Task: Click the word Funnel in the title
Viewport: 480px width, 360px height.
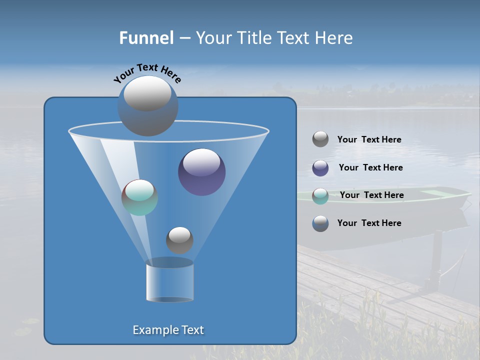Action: (146, 37)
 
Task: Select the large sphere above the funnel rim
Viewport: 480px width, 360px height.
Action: (147, 105)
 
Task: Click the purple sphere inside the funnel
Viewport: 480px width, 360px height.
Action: (202, 172)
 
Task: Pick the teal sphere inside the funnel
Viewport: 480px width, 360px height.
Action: (140, 197)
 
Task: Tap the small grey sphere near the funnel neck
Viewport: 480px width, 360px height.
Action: (179, 240)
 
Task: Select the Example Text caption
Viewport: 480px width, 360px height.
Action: (168, 330)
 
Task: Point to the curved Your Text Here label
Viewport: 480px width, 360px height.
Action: (147, 72)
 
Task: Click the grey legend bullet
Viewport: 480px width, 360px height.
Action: (320, 139)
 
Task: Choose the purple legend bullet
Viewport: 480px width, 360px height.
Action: (320, 168)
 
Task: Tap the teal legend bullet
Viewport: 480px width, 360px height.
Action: (320, 196)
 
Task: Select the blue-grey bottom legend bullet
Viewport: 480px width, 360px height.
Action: (320, 223)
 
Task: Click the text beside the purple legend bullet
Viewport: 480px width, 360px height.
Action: (370, 168)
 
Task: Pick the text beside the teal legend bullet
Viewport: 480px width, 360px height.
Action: (371, 195)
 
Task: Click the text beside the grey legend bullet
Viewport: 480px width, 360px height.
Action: (369, 140)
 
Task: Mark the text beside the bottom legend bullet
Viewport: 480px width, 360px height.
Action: (369, 223)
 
